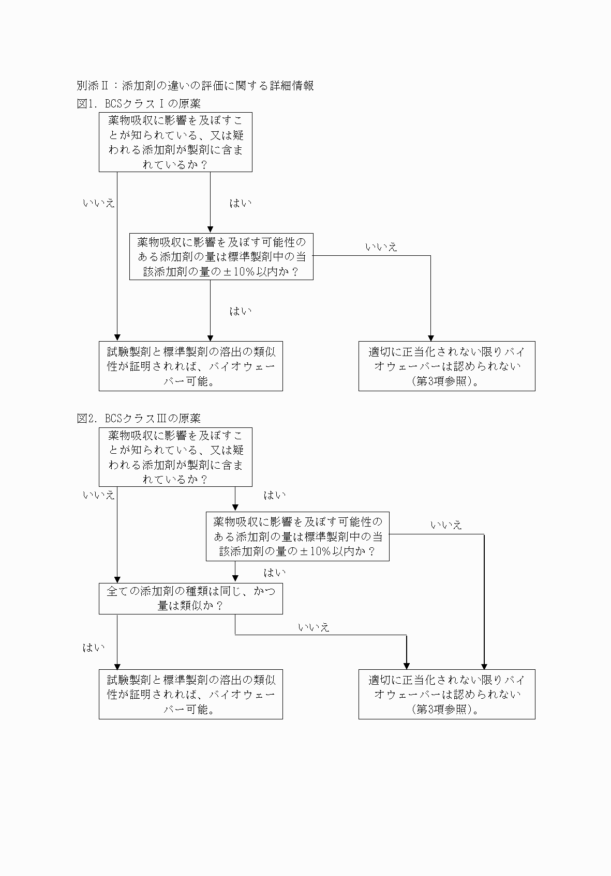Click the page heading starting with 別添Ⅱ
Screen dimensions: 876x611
pyautogui.click(x=195, y=86)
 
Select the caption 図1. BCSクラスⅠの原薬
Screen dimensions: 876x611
pyautogui.click(x=139, y=103)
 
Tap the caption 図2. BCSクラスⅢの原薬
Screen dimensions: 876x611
pyautogui.click(x=139, y=418)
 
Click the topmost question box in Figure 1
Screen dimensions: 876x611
pyautogui.click(x=175, y=142)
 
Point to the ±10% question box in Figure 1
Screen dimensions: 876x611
pyautogui.click(x=221, y=256)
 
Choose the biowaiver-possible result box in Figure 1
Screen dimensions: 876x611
pyautogui.click(x=190, y=366)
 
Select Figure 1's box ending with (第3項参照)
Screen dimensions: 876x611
pyautogui.click(x=446, y=366)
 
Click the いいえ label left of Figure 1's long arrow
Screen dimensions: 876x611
pyautogui.click(x=98, y=203)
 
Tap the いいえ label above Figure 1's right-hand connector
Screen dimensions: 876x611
pyautogui.click(x=381, y=247)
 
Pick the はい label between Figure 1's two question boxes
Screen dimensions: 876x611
pyautogui.click(x=241, y=203)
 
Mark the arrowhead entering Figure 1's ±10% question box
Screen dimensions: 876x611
pyautogui.click(x=210, y=230)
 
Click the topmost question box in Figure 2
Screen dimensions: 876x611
pyautogui.click(x=175, y=457)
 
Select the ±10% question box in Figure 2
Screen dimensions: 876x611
pyautogui.click(x=297, y=536)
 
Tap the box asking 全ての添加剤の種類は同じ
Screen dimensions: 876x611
pyautogui.click(x=190, y=598)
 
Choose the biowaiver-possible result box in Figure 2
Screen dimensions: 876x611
pyautogui.click(x=190, y=694)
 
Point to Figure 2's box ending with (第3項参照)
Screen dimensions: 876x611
pyautogui.click(x=446, y=694)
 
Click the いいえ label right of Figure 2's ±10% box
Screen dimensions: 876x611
pyautogui.click(x=446, y=525)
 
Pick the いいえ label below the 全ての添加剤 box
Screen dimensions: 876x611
pyautogui.click(x=314, y=627)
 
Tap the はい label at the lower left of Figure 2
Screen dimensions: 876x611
pyautogui.click(x=94, y=648)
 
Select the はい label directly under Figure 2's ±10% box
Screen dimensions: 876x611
pyautogui.click(x=275, y=573)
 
